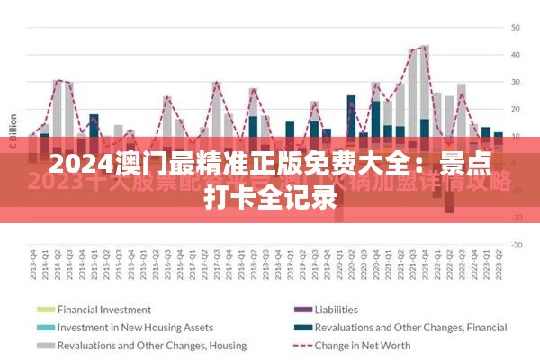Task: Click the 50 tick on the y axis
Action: [x=516, y=27]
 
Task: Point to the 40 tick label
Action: [x=516, y=54]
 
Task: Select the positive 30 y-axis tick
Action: [x=516, y=82]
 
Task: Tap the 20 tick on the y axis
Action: [x=516, y=109]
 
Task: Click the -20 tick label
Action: [x=516, y=218]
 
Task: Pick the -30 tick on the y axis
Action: [x=516, y=245]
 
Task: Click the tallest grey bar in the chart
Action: [x=425, y=90]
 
